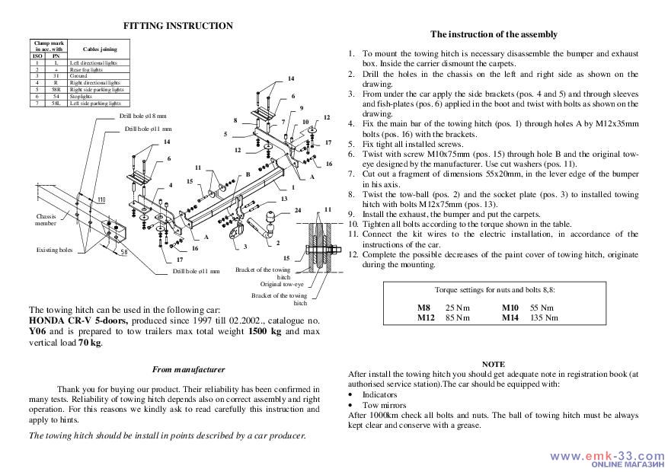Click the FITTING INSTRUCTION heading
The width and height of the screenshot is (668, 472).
pyautogui.click(x=177, y=26)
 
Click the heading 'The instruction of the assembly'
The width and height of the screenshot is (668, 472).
pyautogui.click(x=494, y=34)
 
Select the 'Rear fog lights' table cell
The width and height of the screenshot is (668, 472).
pyautogui.click(x=85, y=69)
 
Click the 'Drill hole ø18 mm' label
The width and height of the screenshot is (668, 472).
pyautogui.click(x=142, y=116)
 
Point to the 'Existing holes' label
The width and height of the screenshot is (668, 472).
pyautogui.click(x=54, y=250)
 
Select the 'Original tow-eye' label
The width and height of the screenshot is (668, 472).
pyautogui.click(x=283, y=283)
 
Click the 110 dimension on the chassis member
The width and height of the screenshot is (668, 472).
pyautogui.click(x=101, y=199)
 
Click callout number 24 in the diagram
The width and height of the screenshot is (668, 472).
pyautogui.click(x=298, y=210)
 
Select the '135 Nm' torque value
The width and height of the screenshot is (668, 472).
pyautogui.click(x=544, y=317)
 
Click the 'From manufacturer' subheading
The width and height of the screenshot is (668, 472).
pyautogui.click(x=188, y=369)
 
